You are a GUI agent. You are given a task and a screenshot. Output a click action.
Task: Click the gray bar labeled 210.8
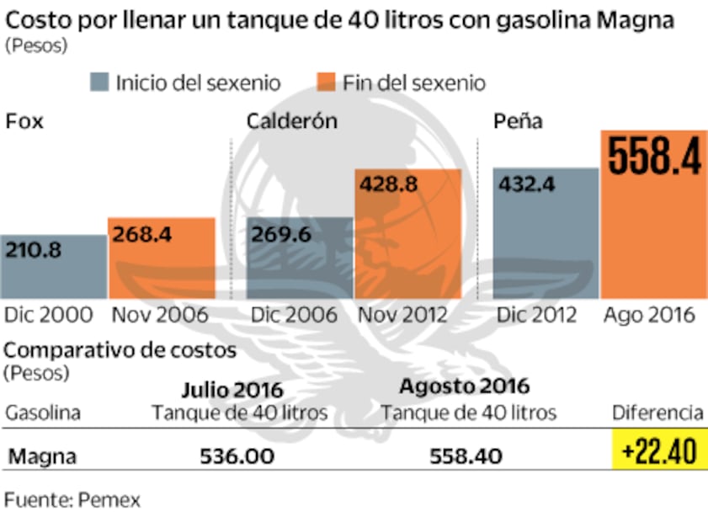53,266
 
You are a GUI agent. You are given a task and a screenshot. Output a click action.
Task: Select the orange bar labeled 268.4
161,258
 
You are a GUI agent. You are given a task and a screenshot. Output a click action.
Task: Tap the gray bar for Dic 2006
300,258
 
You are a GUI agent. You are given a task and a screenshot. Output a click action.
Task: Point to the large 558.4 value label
654,157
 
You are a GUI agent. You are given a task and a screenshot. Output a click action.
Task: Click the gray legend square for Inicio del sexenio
100,83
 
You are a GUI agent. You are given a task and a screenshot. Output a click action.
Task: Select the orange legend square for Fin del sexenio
327,83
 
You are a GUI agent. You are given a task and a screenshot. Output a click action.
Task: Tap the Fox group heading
24,121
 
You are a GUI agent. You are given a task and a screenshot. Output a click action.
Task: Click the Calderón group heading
291,121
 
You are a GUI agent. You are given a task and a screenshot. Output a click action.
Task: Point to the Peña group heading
517,121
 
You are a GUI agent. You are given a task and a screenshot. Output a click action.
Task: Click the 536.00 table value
237,456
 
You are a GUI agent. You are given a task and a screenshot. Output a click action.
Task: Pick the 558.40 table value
466,456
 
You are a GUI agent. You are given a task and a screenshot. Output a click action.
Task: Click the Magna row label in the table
42,456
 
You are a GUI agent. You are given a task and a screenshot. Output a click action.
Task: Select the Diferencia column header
657,413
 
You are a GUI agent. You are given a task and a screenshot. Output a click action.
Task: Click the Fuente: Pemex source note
72,499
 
